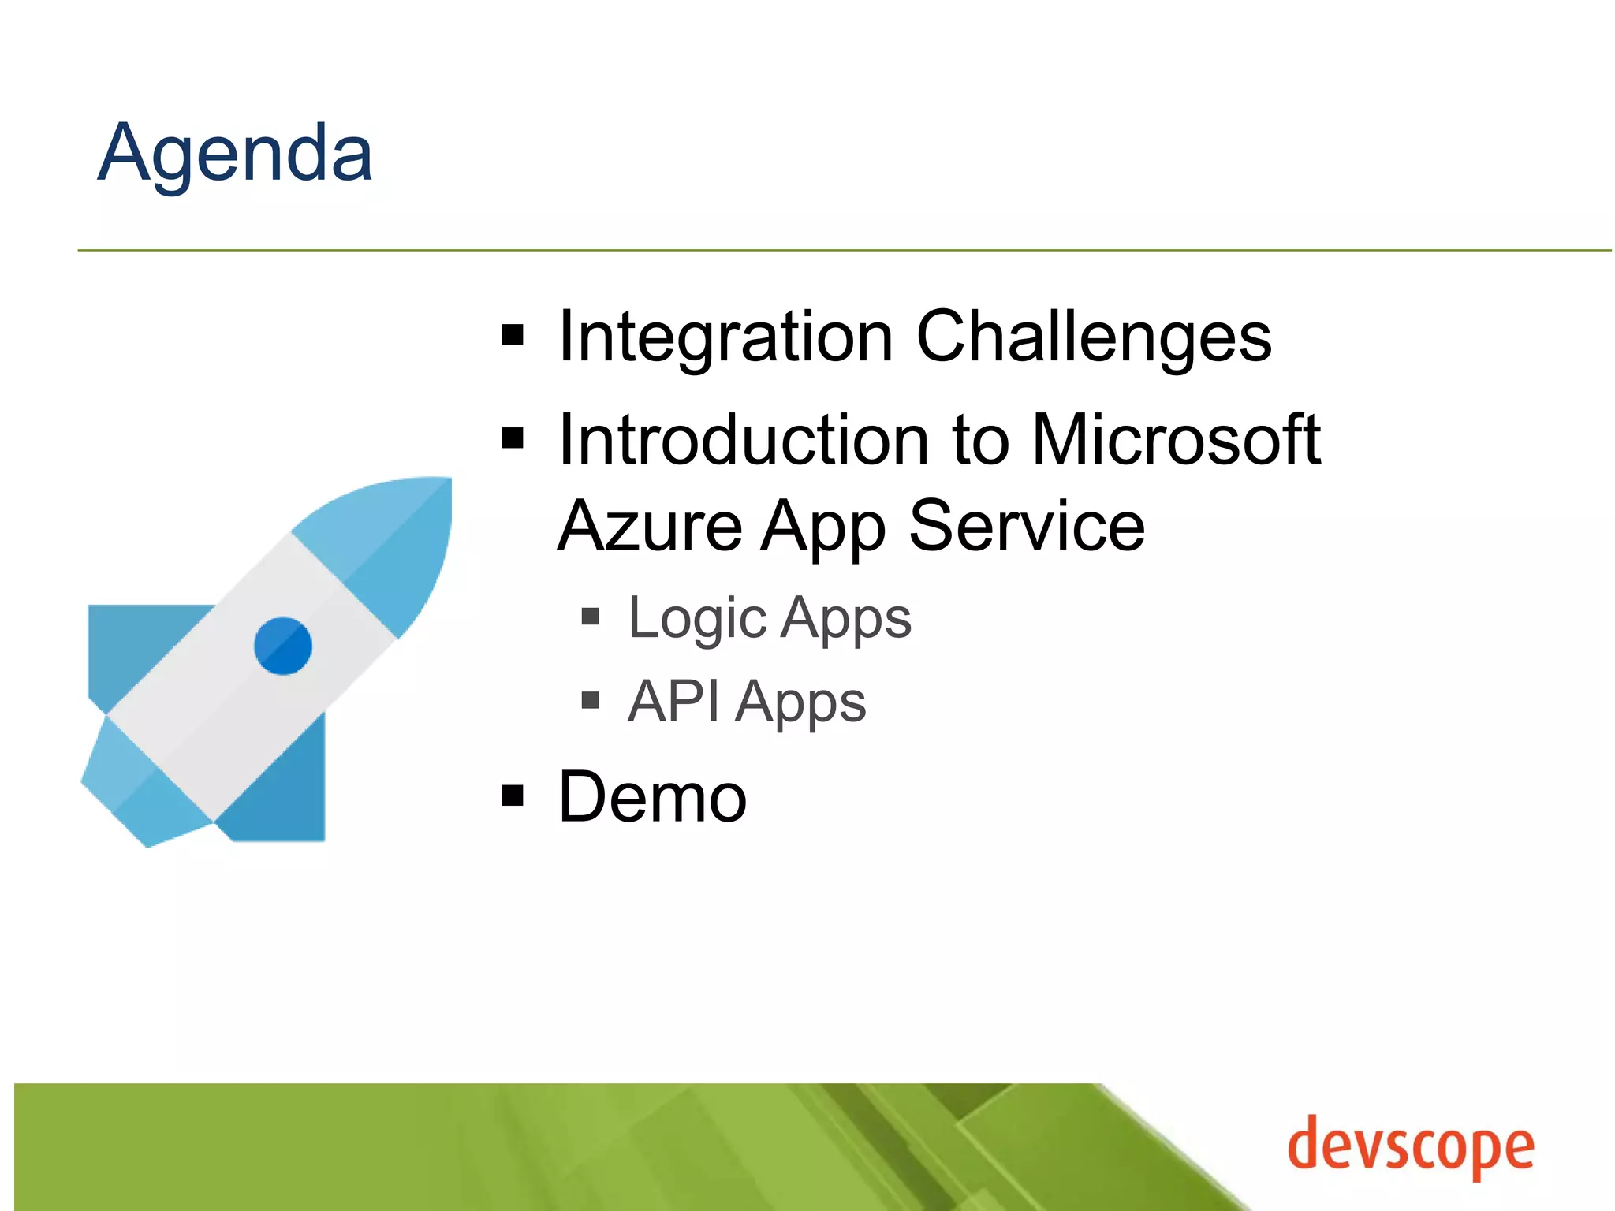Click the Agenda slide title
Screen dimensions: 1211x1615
[x=235, y=154]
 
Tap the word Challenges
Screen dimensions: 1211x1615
[x=1094, y=337]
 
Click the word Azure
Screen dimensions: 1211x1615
[x=650, y=526]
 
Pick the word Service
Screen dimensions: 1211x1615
[x=1027, y=526]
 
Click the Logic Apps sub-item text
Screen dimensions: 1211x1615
[x=769, y=618]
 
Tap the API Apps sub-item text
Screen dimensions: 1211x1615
[x=746, y=702]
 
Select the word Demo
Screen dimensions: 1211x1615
[x=652, y=797]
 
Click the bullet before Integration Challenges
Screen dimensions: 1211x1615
[x=513, y=335]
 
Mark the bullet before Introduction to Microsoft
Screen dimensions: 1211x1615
[x=513, y=438]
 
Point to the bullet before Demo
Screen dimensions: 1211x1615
[x=513, y=796]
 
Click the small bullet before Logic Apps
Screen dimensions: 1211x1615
[x=590, y=616]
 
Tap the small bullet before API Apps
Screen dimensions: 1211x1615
[x=590, y=699]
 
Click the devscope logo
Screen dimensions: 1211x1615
[x=1411, y=1147]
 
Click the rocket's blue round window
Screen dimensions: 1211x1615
[x=283, y=646]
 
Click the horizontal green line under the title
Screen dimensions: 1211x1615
[x=844, y=251]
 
